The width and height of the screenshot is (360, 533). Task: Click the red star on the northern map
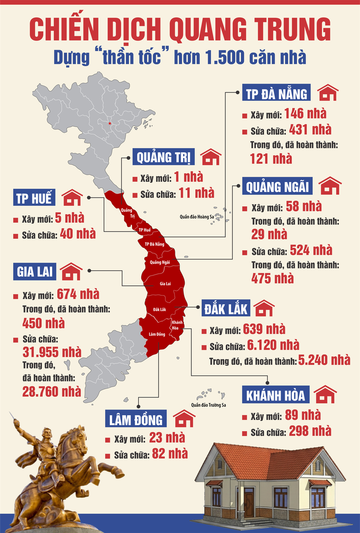tap(109, 123)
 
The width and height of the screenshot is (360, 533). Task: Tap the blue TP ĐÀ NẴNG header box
tap(276, 93)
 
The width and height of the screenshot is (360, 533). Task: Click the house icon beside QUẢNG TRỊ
tap(210, 156)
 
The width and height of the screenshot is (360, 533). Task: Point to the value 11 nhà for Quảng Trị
tap(197, 193)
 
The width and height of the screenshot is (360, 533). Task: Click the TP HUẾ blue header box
tap(34, 198)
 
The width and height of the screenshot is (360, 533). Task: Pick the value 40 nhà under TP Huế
tap(78, 234)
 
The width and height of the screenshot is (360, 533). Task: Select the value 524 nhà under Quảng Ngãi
tap(311, 251)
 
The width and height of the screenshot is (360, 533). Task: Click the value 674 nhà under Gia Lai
tap(78, 295)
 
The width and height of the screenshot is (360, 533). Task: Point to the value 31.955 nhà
tap(52, 352)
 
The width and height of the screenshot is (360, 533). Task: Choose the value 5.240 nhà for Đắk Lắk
tap(323, 360)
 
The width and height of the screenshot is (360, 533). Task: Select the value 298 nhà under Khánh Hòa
tap(310, 431)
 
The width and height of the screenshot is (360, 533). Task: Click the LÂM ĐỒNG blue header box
tap(136, 419)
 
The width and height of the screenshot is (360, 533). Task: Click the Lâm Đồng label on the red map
tap(156, 334)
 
